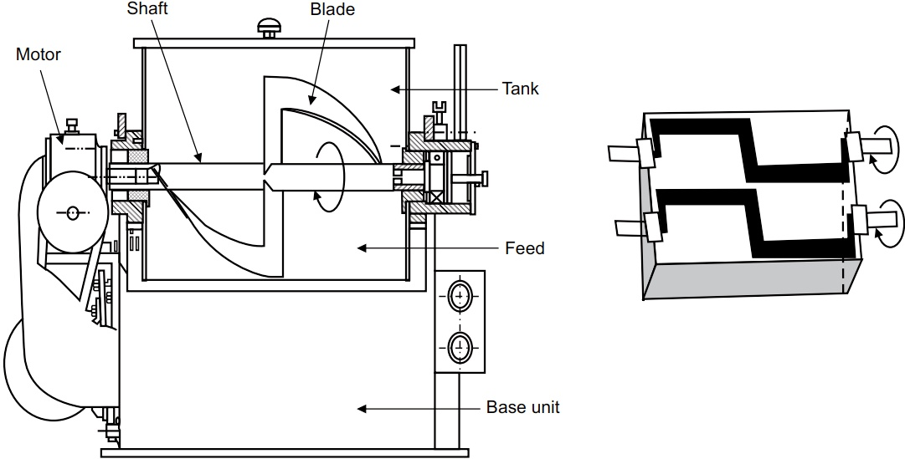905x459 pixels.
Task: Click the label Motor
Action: (39, 54)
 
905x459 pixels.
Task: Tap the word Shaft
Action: (147, 8)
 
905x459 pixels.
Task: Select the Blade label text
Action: (332, 9)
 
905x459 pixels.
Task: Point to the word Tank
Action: (520, 89)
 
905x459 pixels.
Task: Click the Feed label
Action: (525, 248)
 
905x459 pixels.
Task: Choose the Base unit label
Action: (523, 407)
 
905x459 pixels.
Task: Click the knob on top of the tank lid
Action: (269, 27)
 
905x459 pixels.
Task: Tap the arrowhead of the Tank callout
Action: (395, 89)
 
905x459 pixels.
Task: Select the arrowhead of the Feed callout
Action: (362, 248)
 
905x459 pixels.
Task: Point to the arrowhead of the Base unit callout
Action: (362, 408)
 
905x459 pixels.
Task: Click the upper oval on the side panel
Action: (460, 297)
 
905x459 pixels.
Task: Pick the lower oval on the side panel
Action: (460, 347)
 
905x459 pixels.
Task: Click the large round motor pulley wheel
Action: (72, 212)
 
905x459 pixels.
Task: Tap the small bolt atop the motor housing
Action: (72, 125)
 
